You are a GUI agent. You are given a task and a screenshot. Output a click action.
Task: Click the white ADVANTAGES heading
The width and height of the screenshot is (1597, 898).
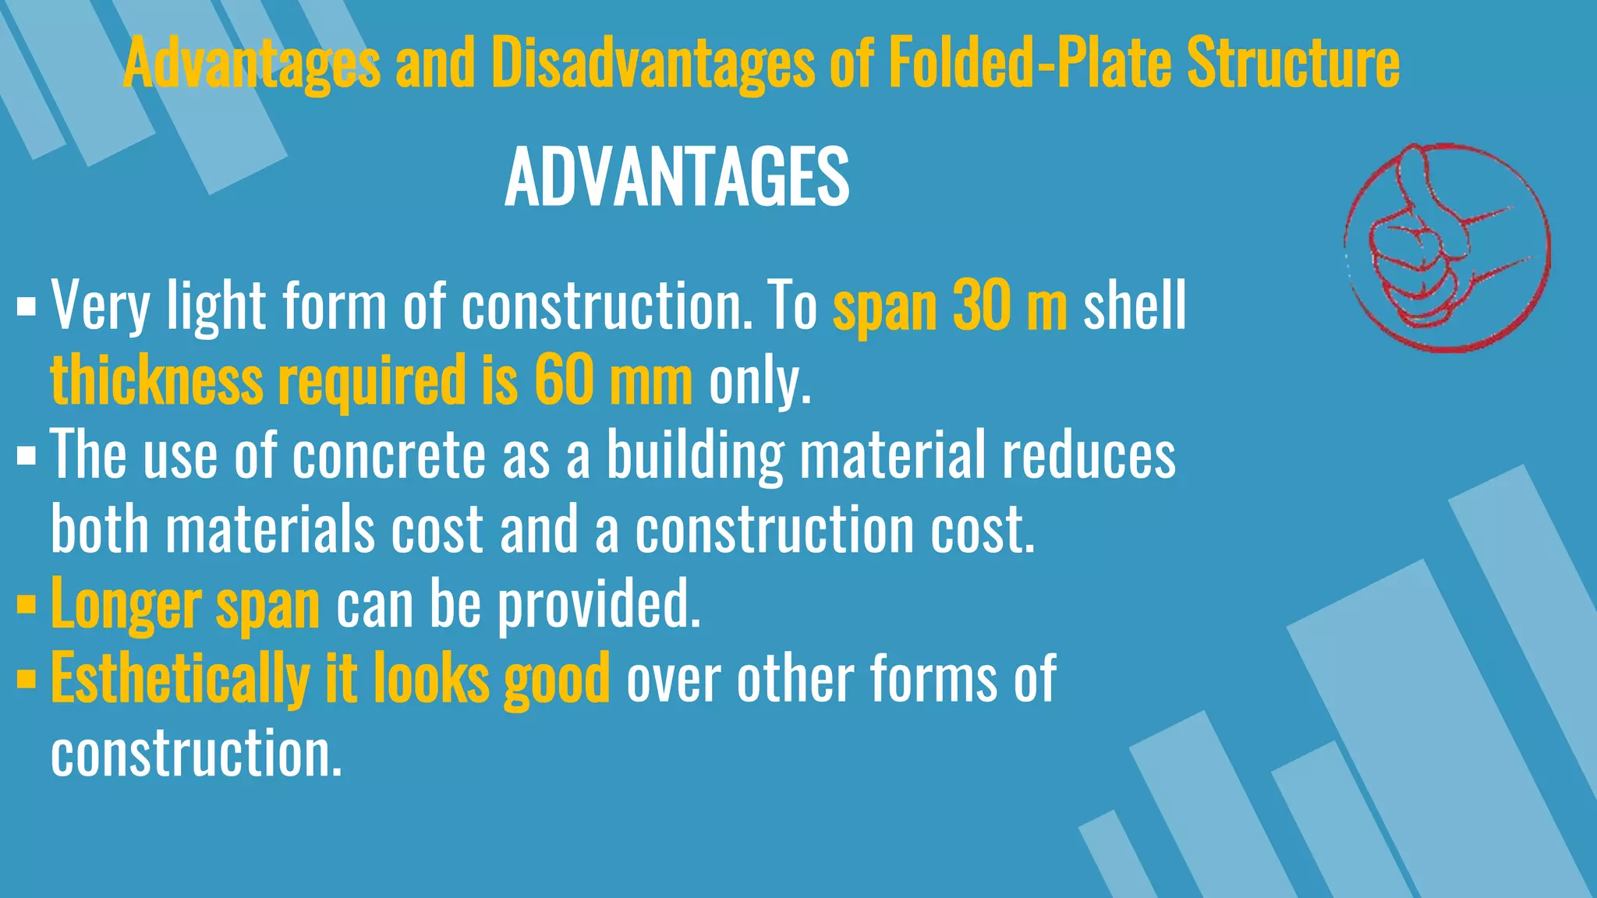(x=677, y=178)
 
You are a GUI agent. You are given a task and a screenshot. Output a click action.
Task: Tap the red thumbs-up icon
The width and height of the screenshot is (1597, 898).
(x=1447, y=248)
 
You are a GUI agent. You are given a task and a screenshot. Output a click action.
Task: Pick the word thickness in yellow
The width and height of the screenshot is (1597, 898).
(x=157, y=380)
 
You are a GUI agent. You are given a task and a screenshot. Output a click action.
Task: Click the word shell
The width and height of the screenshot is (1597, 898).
(x=1135, y=306)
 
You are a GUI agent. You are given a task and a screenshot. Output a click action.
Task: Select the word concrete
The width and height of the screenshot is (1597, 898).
(x=388, y=455)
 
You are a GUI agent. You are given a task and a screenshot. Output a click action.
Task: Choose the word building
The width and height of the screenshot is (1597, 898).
(x=694, y=457)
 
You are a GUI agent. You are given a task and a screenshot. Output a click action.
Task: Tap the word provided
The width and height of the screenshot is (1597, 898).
(x=599, y=605)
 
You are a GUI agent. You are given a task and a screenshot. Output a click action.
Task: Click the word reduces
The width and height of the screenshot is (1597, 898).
(x=1089, y=455)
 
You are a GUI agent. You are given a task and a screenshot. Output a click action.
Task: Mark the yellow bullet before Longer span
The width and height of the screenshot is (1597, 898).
(x=26, y=605)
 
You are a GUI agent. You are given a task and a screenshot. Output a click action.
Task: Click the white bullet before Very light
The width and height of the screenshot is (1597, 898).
(x=26, y=306)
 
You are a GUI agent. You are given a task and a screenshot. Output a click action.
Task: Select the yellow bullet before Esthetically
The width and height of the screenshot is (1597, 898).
(x=26, y=679)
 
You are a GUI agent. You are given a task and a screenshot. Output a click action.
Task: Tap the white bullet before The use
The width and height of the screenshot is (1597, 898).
(x=26, y=455)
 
